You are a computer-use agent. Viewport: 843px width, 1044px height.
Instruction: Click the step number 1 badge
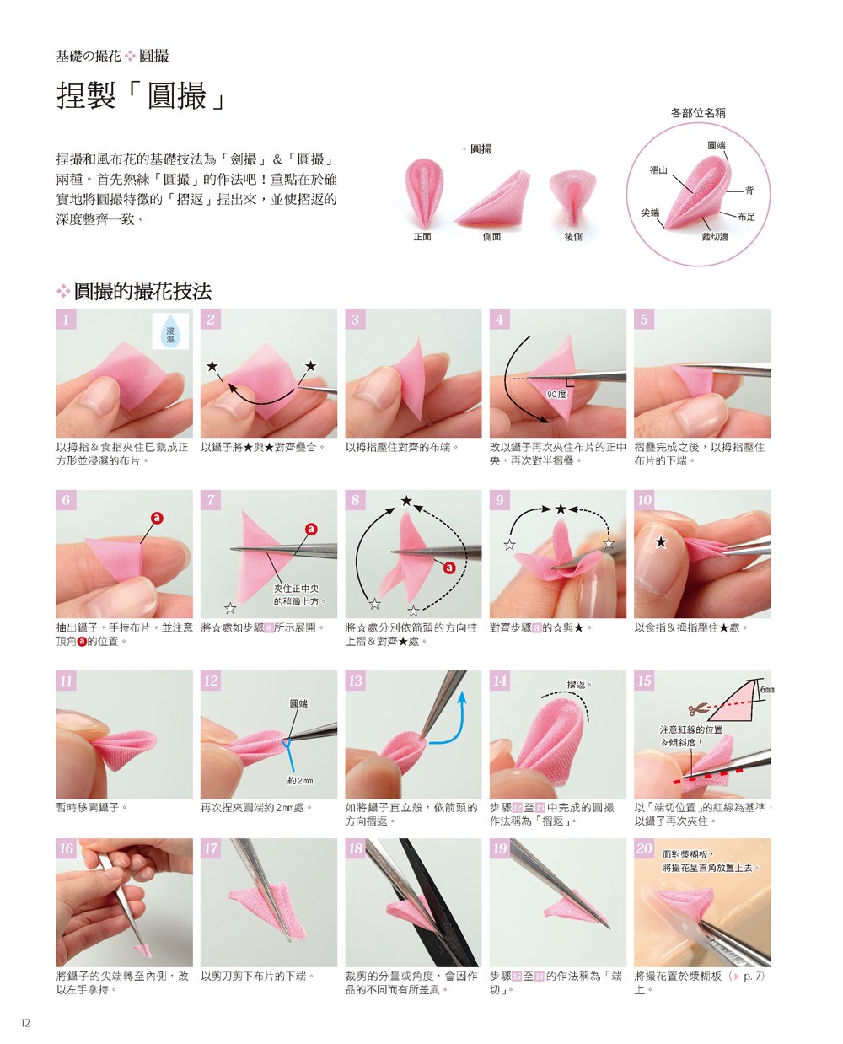[x=66, y=319]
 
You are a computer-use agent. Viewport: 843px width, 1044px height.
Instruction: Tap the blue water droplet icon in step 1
[x=170, y=331]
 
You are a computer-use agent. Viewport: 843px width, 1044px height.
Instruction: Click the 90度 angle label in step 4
[x=556, y=394]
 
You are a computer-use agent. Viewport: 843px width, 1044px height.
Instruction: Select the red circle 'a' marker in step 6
[x=156, y=518]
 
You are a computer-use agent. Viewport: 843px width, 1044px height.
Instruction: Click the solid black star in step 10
[x=661, y=542]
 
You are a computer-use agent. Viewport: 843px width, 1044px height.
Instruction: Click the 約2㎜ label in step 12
[x=300, y=780]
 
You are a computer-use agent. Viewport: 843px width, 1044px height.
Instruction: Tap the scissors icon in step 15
[x=697, y=708]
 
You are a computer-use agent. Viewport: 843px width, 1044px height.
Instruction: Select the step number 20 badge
[x=644, y=848]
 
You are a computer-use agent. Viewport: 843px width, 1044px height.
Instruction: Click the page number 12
[x=25, y=1022]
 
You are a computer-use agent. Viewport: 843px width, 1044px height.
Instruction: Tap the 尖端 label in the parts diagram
[x=650, y=213]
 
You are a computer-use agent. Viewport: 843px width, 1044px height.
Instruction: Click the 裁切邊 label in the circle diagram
[x=715, y=237]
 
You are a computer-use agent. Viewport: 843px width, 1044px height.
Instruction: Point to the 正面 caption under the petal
[x=422, y=237]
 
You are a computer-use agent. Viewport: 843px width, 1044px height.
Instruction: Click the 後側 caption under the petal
[x=572, y=237]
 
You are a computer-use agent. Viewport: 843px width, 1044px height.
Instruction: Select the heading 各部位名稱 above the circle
[x=697, y=113]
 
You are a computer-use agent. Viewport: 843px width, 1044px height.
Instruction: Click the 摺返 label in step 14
[x=578, y=684]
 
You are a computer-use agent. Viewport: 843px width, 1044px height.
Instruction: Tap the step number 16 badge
[x=66, y=848]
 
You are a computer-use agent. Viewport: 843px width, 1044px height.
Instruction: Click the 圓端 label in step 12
[x=298, y=703]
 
